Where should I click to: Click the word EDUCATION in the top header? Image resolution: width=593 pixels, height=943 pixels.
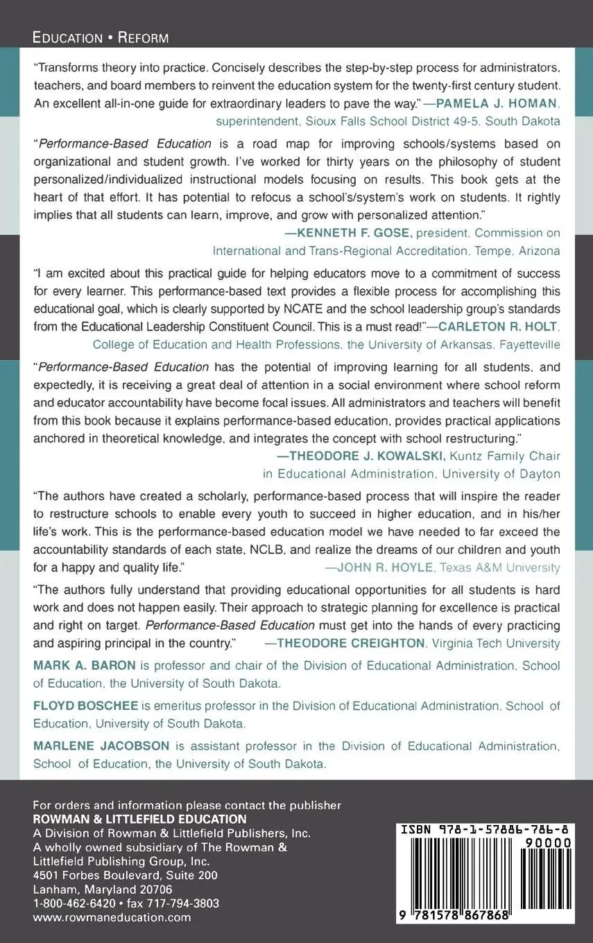(67, 37)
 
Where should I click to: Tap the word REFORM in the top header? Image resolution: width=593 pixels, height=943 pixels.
(143, 37)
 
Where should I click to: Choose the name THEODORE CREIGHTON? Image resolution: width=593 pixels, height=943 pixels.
(351, 643)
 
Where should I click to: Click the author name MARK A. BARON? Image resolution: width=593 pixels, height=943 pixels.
(84, 666)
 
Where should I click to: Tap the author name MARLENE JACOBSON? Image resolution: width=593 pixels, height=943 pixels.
(101, 746)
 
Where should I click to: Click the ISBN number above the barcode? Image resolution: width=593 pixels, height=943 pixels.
(484, 829)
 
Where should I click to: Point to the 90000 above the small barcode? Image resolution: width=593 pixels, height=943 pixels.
(547, 842)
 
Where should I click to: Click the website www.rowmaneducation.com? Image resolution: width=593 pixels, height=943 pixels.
(112, 917)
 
